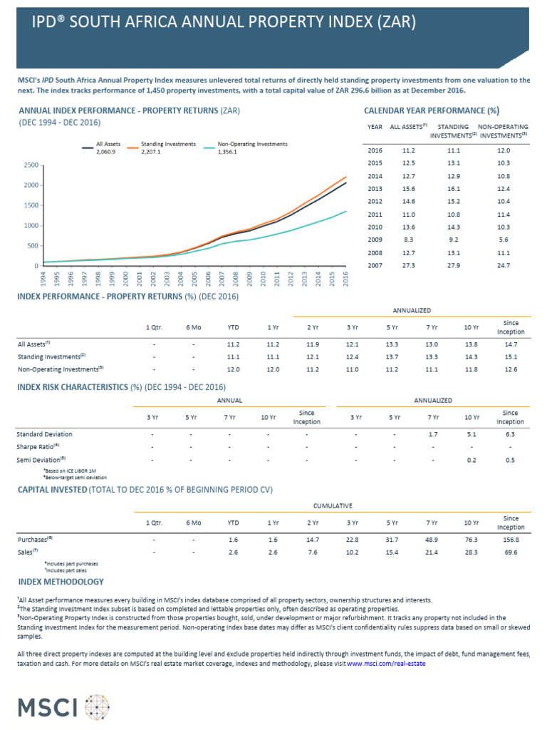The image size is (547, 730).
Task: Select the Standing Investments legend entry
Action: [x=168, y=144]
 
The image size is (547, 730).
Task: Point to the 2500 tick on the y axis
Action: [x=29, y=165]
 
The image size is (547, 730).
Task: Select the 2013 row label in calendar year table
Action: [x=375, y=188]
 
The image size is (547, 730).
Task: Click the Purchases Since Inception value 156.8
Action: [x=509, y=540]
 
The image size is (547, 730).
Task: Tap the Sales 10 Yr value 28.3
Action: [x=471, y=552]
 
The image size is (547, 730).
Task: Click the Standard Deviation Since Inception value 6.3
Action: [x=509, y=433]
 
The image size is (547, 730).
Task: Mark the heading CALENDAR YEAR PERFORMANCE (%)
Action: [x=432, y=110]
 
